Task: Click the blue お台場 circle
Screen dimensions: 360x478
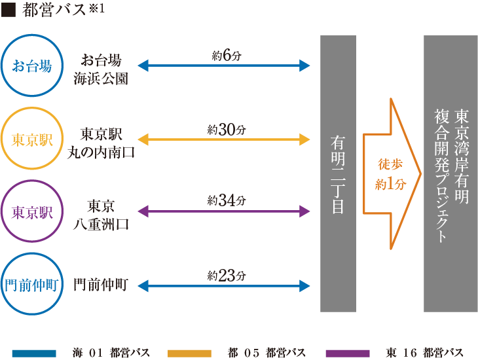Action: [x=32, y=65]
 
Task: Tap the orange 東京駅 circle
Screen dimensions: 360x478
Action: [x=32, y=139]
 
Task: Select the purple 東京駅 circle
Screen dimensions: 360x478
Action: [x=32, y=212]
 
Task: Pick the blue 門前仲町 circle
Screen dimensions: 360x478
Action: [x=32, y=285]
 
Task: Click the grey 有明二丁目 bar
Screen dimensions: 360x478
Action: [x=338, y=173]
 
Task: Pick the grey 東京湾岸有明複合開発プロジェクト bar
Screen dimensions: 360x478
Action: [x=450, y=173]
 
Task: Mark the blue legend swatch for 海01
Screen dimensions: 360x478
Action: [x=33, y=353]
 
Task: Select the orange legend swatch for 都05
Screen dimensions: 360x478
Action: [x=189, y=353]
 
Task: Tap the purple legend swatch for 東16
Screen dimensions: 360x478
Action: [x=347, y=353]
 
